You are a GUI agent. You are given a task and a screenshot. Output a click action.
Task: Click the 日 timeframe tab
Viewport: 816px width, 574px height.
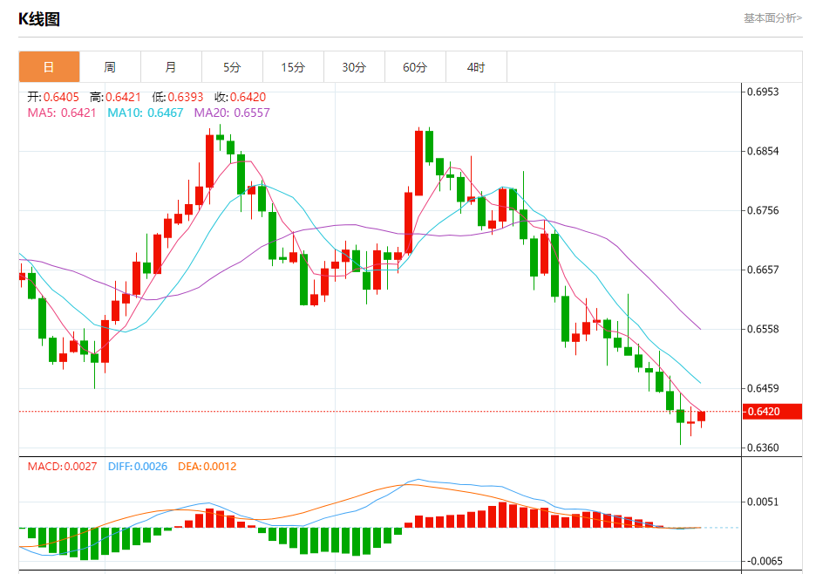click(x=49, y=67)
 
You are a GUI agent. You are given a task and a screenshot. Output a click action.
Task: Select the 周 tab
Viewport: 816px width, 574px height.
click(x=110, y=67)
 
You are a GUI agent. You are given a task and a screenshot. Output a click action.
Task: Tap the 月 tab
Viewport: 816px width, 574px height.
click(x=171, y=67)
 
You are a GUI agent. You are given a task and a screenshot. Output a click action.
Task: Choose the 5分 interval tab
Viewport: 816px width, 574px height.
click(x=232, y=67)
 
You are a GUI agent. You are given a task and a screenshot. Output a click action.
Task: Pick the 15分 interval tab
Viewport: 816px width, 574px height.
click(x=293, y=67)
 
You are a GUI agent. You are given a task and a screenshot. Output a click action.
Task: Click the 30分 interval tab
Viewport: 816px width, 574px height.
click(x=354, y=67)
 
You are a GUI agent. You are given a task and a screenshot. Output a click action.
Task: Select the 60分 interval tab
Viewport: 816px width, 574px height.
click(x=415, y=67)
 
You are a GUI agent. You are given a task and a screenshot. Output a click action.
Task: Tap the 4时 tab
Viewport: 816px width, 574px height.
click(x=476, y=67)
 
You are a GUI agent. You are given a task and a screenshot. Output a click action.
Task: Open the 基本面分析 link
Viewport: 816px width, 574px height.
click(x=772, y=18)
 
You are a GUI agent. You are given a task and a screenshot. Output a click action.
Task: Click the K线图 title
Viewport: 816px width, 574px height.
click(x=39, y=19)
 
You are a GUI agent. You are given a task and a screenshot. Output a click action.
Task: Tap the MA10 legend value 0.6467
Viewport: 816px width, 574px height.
click(x=166, y=113)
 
